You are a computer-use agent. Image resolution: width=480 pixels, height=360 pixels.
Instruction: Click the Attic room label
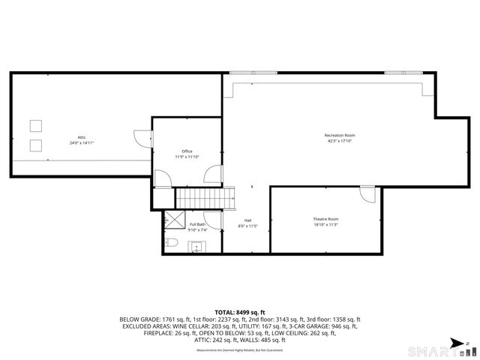point(82,137)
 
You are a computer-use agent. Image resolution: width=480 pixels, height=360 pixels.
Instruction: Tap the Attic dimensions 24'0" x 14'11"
point(82,142)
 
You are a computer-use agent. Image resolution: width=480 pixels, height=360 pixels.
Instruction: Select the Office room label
point(187,151)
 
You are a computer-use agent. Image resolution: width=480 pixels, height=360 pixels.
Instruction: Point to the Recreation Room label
point(339,135)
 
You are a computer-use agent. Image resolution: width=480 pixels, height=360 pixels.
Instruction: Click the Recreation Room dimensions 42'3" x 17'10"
point(339,141)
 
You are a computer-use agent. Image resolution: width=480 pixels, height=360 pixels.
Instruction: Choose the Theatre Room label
point(325,219)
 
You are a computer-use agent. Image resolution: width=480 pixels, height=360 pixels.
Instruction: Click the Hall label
point(247,220)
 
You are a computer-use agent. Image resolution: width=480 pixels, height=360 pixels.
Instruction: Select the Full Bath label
point(197,224)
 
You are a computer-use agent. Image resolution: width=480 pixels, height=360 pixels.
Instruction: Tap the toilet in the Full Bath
point(171,242)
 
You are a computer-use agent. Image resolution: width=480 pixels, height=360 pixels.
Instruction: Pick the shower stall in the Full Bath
point(175,219)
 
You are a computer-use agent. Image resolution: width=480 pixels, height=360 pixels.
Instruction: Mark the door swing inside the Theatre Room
point(367,193)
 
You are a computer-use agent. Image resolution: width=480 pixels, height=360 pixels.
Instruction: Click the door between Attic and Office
point(142,138)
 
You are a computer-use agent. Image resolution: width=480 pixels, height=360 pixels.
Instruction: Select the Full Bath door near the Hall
point(213,220)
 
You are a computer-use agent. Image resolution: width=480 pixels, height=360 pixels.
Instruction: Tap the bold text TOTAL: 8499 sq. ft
point(240,311)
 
